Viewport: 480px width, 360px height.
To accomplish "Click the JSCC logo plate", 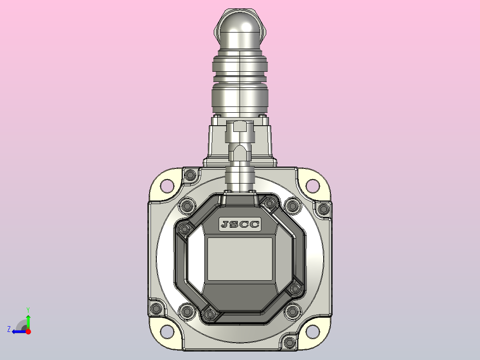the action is tap(240, 224).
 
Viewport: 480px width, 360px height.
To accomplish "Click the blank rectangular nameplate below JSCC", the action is tap(240, 259).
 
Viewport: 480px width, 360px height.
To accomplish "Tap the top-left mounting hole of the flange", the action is tap(167, 185).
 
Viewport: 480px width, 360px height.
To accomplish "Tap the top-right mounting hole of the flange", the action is tap(313, 185).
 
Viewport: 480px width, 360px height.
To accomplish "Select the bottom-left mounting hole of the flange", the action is tap(167, 332).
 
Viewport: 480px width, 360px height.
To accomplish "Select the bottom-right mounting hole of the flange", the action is tap(313, 332).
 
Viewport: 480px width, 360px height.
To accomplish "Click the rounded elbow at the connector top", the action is tap(240, 29).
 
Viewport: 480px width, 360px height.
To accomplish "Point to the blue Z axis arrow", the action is tap(20, 331).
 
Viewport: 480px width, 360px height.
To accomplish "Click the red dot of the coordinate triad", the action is tap(28, 331).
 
